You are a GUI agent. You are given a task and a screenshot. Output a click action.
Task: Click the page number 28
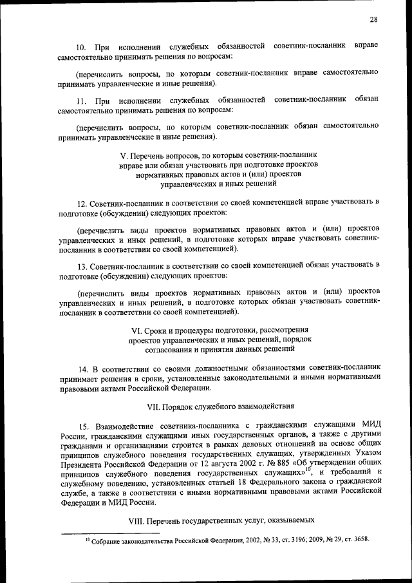click(373, 19)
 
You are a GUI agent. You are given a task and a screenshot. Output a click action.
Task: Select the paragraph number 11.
click(81, 101)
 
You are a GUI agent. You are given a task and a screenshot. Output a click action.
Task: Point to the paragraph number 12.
click(81, 203)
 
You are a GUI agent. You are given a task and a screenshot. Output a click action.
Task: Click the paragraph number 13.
click(81, 265)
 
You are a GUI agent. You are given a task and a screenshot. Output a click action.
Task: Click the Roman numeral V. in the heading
click(124, 156)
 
